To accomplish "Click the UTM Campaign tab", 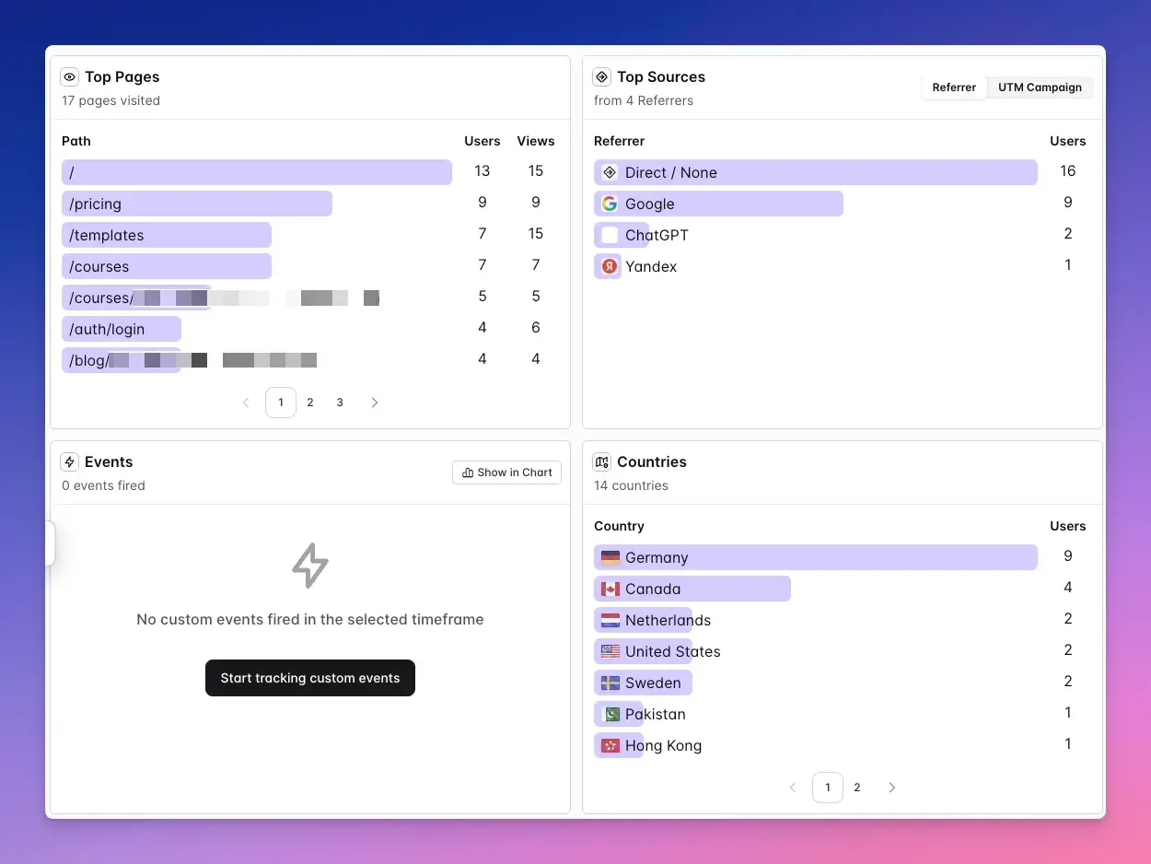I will (x=1040, y=88).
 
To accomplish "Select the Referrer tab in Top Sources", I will (x=954, y=88).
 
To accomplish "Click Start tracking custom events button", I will (x=310, y=678).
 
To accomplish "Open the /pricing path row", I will (x=96, y=204).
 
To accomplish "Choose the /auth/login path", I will (x=107, y=329).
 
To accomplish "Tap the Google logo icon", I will (x=610, y=204).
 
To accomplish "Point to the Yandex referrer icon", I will (x=610, y=266).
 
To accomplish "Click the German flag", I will (x=610, y=557).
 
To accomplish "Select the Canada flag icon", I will (x=610, y=589).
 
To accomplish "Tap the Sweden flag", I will (x=610, y=683).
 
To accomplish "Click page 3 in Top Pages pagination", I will (x=340, y=403).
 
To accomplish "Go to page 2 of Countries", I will (x=857, y=788).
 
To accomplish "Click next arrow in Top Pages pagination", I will (x=374, y=403).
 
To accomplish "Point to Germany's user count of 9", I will (x=1068, y=555).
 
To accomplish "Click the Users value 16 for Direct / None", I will (x=1068, y=170).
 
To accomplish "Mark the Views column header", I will (x=536, y=141).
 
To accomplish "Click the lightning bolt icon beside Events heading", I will (x=69, y=461).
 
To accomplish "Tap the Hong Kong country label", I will (x=663, y=745).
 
